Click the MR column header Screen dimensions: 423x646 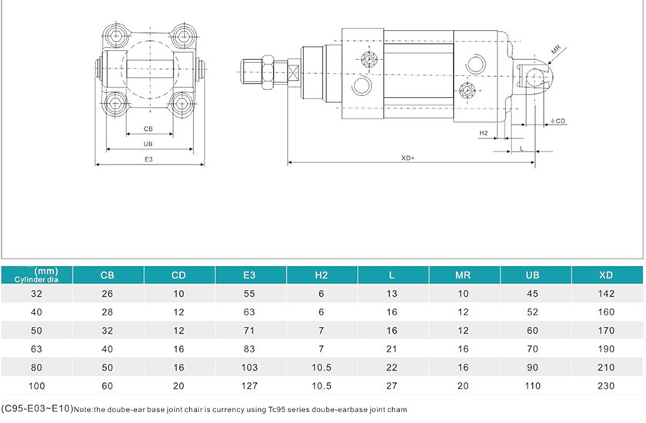(463, 275)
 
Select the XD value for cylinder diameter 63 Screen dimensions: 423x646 (605, 348)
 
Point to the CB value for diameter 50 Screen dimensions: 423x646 (108, 330)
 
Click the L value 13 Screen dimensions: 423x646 (392, 293)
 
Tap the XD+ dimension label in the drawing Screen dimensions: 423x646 (408, 158)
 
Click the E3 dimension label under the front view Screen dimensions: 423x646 (149, 159)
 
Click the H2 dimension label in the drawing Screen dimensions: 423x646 (484, 133)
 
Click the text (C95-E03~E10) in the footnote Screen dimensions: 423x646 (36, 409)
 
